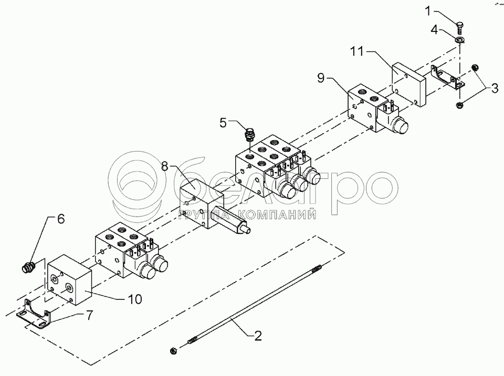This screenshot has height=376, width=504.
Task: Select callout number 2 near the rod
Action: [257, 335]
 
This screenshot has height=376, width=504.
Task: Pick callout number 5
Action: [223, 124]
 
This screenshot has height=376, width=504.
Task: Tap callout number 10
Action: [134, 299]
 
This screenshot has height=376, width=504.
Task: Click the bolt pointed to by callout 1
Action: [458, 26]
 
